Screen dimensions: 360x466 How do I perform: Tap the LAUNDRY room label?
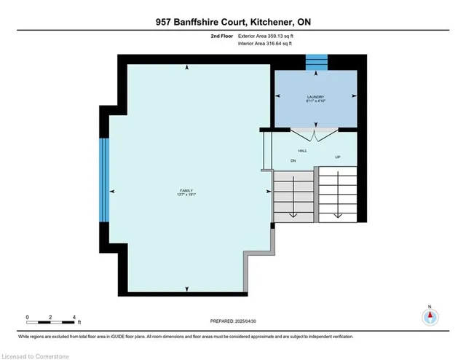click(x=315, y=97)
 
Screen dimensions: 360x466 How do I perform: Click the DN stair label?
click(x=293, y=160)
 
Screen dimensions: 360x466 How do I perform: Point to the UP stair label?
click(x=337, y=157)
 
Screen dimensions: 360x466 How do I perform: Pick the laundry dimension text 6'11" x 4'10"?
click(x=315, y=103)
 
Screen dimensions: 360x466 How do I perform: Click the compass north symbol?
click(x=430, y=317)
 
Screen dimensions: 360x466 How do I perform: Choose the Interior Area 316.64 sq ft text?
click(x=266, y=44)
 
